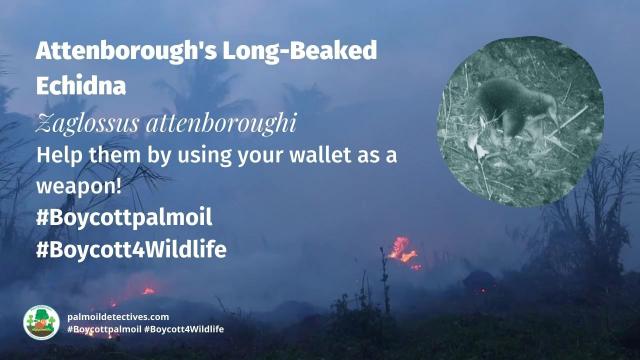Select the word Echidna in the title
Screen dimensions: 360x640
click(x=80, y=86)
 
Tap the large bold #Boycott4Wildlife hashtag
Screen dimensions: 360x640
click(x=130, y=250)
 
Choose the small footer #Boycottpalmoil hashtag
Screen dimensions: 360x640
click(x=105, y=329)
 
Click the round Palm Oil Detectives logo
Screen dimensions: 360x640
click(x=41, y=322)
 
